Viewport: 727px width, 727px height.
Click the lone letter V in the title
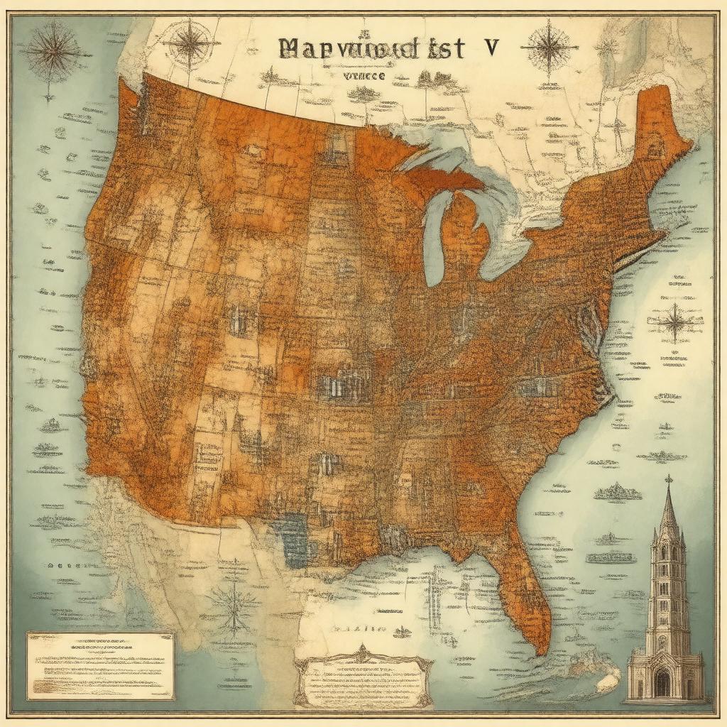tap(491, 48)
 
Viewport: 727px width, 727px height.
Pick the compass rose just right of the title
tap(550, 48)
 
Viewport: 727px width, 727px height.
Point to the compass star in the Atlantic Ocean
tap(674, 323)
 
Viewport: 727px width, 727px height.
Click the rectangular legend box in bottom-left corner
tap(100, 665)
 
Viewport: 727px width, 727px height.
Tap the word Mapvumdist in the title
tap(373, 48)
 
